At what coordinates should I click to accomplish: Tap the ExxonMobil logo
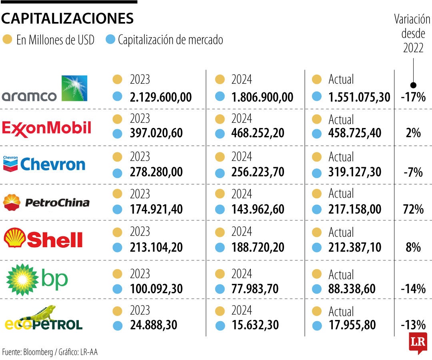47,128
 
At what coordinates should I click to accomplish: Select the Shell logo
43,239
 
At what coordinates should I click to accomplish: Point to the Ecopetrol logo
44,318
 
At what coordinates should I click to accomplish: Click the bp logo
37,280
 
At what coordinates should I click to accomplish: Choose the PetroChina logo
46,202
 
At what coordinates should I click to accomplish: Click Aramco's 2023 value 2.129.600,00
161,97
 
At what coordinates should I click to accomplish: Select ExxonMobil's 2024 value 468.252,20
258,133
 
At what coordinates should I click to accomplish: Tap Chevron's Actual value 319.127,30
355,172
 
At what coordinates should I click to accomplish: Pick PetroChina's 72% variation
413,209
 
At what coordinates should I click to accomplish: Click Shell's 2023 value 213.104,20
156,248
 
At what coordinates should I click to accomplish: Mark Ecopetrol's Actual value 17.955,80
352,325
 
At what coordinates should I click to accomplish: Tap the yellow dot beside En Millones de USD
7,40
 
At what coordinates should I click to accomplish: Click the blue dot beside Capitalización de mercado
111,40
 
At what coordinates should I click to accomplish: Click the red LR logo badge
418,342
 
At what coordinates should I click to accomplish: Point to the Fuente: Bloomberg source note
50,352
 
